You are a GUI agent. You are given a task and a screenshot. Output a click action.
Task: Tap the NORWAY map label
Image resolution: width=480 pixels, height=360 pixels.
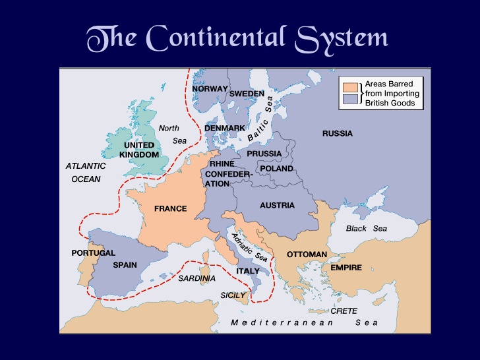click(210, 89)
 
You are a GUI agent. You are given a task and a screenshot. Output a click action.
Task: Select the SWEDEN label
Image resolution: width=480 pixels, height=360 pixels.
click(247, 94)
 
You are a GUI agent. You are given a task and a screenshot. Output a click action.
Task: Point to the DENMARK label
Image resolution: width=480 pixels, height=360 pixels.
click(225, 128)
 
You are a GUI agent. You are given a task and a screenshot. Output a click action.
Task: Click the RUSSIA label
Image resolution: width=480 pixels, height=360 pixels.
click(337, 134)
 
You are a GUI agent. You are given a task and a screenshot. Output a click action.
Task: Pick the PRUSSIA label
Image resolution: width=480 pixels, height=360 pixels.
click(264, 154)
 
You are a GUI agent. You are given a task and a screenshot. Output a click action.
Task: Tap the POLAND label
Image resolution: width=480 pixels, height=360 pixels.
click(276, 169)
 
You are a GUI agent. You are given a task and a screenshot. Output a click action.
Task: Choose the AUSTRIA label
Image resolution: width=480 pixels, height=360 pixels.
click(277, 206)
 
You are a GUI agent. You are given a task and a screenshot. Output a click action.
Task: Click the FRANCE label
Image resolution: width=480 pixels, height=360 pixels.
click(170, 209)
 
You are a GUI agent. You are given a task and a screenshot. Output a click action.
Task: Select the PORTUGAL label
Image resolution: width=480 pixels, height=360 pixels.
click(93, 253)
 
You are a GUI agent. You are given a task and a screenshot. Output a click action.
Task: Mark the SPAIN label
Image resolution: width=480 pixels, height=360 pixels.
click(125, 265)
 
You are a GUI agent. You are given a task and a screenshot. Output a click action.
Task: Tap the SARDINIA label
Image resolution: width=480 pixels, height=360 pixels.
click(196, 278)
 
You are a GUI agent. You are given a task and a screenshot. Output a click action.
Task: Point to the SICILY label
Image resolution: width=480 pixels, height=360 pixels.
click(233, 295)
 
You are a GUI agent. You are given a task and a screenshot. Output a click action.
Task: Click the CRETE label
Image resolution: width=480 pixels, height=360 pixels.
click(344, 311)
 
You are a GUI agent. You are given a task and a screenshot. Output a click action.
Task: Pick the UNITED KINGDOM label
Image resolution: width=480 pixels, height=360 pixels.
click(139, 150)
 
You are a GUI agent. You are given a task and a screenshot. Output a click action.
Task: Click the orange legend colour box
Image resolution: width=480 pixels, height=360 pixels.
click(349, 87)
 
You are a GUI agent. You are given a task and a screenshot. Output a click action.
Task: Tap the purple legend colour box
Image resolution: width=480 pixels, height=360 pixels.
click(349, 100)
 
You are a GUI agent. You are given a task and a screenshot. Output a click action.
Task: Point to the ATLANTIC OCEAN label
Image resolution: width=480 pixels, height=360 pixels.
click(85, 173)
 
